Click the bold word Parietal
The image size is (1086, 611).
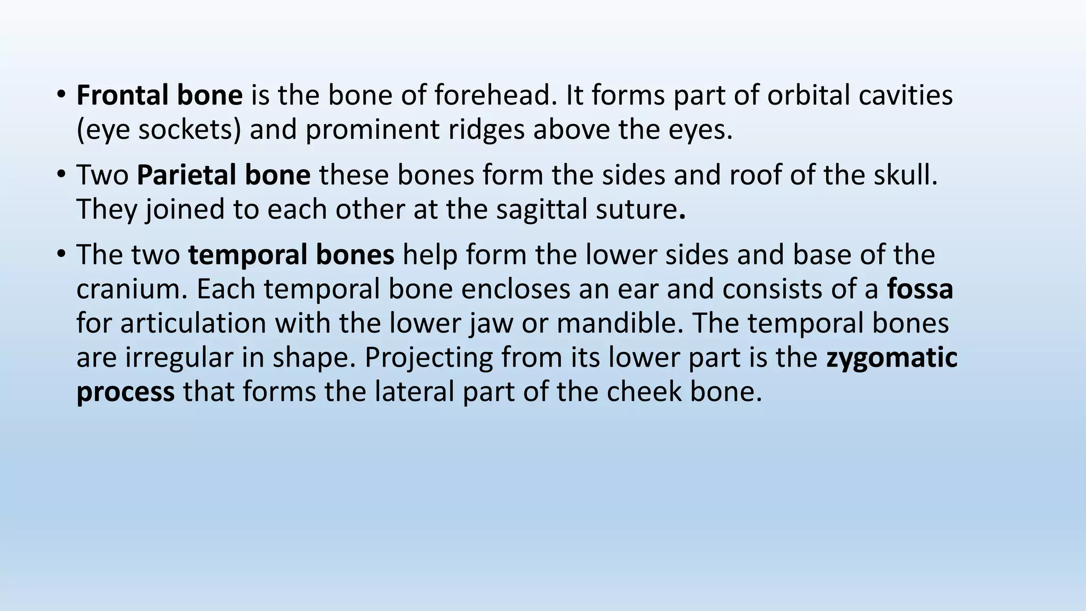click(x=178, y=175)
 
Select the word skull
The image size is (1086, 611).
click(x=906, y=175)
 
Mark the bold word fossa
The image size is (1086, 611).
click(x=920, y=289)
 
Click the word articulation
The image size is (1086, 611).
click(x=193, y=324)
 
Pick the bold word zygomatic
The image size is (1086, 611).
click(x=891, y=358)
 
